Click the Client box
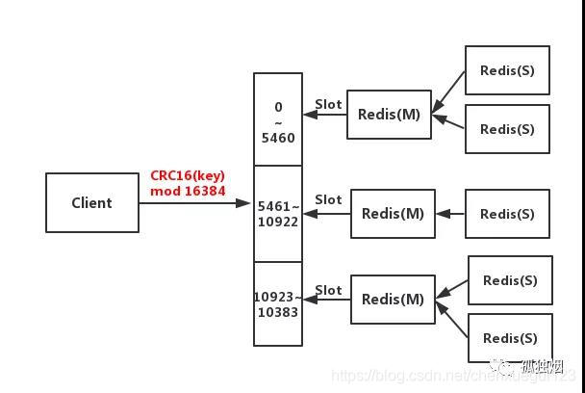[91, 202]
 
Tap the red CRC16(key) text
[187, 176]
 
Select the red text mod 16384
[187, 191]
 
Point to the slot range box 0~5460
[278, 119]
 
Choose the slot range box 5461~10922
[278, 213]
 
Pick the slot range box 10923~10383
[278, 303]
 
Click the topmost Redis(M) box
[389, 114]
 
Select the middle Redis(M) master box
[393, 213]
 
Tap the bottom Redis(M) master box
[393, 299]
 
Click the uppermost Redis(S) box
[507, 70]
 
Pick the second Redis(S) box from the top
[507, 129]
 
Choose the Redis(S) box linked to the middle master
[507, 214]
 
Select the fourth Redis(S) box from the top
[510, 280]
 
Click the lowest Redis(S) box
[510, 338]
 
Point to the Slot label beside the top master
[328, 104]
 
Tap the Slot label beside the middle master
[328, 199]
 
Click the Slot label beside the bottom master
[328, 290]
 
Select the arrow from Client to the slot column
[195, 203]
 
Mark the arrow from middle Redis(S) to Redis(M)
[450, 214]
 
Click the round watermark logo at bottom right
[502, 367]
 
